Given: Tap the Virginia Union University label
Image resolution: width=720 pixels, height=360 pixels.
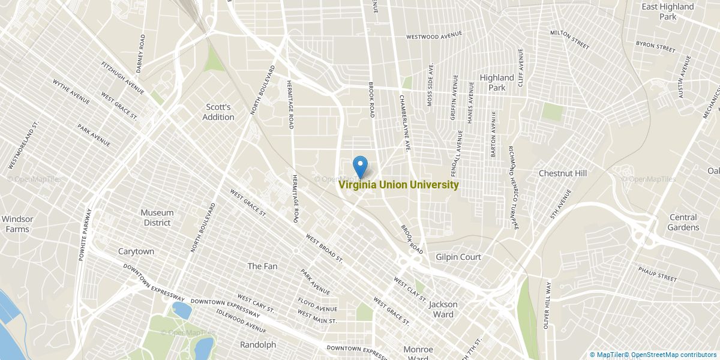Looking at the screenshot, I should [399, 185].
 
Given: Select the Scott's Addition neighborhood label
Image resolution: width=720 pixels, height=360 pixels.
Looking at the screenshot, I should [218, 112].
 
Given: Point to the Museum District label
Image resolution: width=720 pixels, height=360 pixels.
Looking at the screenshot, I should [157, 217].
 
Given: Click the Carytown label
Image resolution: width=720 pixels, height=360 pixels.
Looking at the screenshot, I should [136, 251].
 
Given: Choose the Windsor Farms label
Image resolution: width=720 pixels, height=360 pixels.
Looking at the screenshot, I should [17, 224].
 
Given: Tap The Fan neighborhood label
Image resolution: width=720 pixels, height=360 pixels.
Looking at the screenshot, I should [263, 266].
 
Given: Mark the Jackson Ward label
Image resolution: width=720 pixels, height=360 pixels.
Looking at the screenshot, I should [443, 309].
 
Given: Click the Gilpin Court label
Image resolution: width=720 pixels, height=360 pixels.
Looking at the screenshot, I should [458, 257].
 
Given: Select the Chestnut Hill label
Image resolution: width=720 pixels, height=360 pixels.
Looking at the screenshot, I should [562, 173].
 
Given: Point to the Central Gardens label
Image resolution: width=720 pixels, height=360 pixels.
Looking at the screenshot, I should [683, 222].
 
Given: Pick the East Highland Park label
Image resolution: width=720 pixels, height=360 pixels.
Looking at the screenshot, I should [668, 11].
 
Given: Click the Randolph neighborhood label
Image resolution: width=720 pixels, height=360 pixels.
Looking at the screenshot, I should [258, 344].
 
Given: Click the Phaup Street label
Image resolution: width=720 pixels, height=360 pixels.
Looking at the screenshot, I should [658, 274].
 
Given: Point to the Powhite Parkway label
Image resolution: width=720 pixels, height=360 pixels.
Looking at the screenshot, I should [85, 234].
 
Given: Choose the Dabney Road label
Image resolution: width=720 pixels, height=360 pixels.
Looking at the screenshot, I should [140, 53].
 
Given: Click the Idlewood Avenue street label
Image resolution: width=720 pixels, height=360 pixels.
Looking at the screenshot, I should [242, 321].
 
